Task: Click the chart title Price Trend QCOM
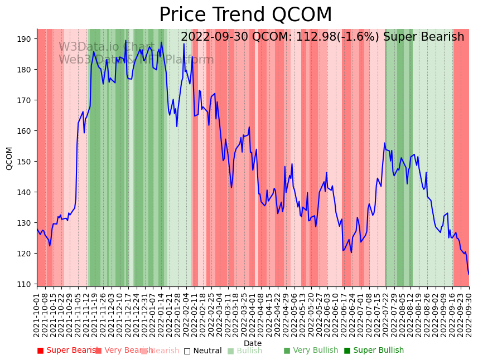click(245, 15)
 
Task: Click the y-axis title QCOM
click(9, 158)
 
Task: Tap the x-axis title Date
click(253, 343)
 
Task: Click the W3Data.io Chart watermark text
click(107, 47)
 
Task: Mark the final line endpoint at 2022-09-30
click(469, 274)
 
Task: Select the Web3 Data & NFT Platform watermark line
click(136, 60)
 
